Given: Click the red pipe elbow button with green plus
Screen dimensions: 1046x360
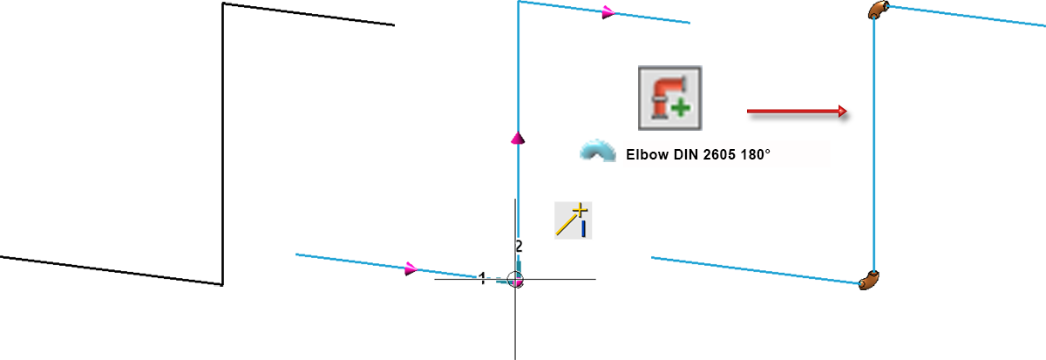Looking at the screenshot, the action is point(670,98).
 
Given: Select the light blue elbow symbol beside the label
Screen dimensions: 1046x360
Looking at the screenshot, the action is point(598,150).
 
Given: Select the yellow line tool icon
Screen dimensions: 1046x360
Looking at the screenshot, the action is point(573,221).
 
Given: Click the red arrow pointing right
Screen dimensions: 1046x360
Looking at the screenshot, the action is point(797,111).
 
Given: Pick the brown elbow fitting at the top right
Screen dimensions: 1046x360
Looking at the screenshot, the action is point(878,10).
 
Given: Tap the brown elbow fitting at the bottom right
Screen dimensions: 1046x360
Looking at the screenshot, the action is point(869,280).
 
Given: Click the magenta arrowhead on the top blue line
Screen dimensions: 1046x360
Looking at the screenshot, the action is point(608,12).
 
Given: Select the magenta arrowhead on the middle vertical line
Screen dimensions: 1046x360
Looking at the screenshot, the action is point(518,139).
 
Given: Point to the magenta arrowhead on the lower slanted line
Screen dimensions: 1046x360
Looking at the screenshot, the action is point(411,268).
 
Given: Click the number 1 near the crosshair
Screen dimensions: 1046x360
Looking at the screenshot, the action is point(482,279).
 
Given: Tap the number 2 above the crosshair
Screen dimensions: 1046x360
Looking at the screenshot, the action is point(519,246).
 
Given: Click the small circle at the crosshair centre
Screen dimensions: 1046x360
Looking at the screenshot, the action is point(515,279).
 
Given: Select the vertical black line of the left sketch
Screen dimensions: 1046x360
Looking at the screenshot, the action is point(223,144).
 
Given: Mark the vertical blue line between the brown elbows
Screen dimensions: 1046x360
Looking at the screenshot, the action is point(874,145).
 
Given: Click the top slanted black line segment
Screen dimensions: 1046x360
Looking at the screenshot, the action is point(309,14).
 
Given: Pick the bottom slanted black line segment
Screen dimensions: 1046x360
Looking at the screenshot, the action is point(112,270).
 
